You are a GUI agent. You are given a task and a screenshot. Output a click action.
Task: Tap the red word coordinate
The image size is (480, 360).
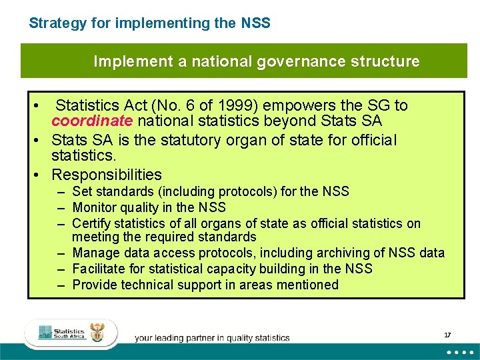pos(92,121)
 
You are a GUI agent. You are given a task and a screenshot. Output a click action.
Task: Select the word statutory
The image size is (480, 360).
pos(203,141)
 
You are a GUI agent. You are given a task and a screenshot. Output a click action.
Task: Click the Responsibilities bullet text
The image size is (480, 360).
pos(107,175)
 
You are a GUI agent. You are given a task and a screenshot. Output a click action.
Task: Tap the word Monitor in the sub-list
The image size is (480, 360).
pos(94,207)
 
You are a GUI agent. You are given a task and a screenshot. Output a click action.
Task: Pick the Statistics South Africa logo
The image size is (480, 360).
pos(63,333)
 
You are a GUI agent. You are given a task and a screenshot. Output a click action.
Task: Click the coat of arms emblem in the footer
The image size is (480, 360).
pos(97,333)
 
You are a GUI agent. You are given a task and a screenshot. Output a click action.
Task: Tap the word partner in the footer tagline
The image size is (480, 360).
pos(204,338)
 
